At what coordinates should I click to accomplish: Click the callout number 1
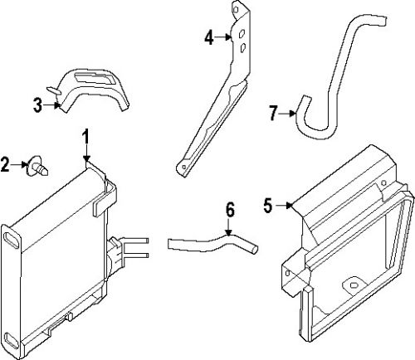[x=85, y=136]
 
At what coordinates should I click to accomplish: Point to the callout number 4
[x=209, y=36]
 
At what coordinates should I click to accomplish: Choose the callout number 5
[x=267, y=205]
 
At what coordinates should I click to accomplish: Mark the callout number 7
[x=272, y=113]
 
